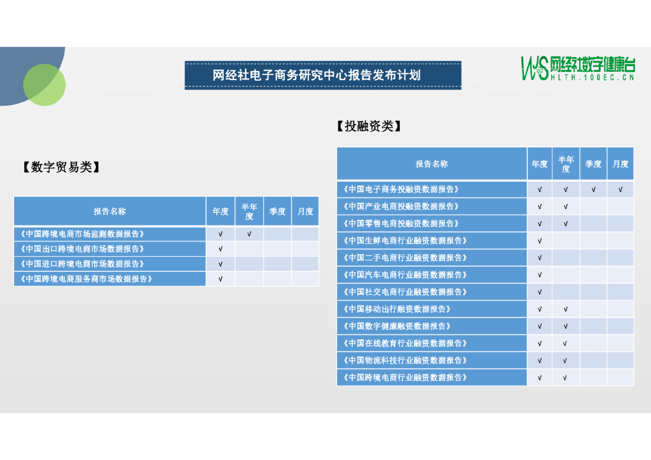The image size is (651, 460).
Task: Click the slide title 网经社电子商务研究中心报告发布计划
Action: click(322, 75)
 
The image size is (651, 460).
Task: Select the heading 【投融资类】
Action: click(369, 126)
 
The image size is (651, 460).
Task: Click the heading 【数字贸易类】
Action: click(61, 167)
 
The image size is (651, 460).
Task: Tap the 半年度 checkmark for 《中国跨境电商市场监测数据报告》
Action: click(249, 234)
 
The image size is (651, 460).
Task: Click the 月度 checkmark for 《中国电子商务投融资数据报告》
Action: click(620, 189)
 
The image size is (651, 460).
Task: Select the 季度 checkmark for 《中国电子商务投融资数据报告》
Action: click(593, 189)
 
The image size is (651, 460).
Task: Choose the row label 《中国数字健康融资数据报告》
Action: click(397, 327)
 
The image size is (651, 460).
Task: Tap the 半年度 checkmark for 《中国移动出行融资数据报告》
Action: click(566, 309)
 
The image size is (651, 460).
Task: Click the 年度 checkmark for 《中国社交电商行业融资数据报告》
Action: click(540, 292)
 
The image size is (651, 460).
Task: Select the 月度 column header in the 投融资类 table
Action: click(620, 164)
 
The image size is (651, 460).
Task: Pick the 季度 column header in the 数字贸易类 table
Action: click(278, 212)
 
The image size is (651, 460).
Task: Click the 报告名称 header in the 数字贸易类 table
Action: click(109, 212)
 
